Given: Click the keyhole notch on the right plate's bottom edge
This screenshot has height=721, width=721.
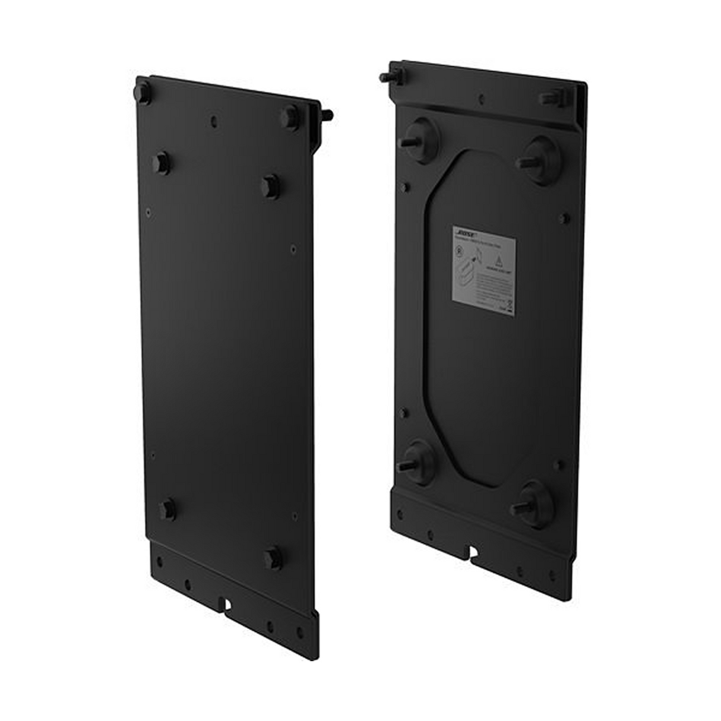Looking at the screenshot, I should click(473, 554).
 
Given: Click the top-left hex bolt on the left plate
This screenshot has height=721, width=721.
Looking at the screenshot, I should click(143, 93).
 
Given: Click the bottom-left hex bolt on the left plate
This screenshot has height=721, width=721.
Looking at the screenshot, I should click(167, 510).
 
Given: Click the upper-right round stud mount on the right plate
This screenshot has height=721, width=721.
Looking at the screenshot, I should click(540, 157).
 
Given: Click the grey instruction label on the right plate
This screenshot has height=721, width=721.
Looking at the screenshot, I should click(483, 268).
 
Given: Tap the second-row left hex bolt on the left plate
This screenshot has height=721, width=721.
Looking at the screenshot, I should click(160, 162).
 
